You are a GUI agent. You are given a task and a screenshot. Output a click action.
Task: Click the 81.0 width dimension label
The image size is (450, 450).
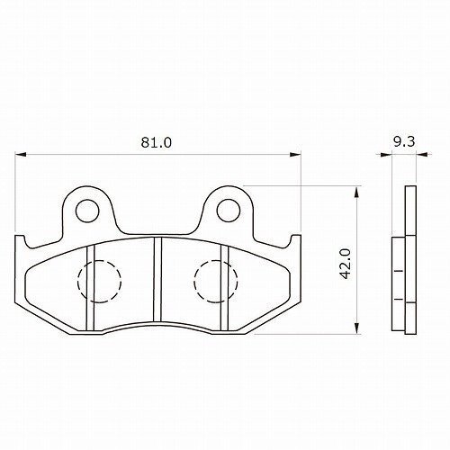click(157, 142)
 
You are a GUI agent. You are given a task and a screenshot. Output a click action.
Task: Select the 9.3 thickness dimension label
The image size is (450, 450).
click(404, 141)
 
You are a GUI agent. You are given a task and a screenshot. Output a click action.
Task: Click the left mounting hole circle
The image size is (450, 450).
click(87, 211)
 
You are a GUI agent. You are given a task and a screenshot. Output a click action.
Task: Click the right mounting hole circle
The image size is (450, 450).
click(229, 211)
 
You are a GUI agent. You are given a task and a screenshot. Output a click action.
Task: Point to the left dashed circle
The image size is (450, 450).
click(77, 282)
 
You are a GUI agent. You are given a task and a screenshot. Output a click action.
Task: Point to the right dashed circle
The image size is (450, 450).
click(194, 282)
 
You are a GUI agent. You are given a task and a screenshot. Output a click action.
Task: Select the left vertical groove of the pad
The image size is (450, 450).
click(90, 289)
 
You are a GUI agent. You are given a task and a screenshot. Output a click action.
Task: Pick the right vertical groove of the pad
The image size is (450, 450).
click(224, 289)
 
